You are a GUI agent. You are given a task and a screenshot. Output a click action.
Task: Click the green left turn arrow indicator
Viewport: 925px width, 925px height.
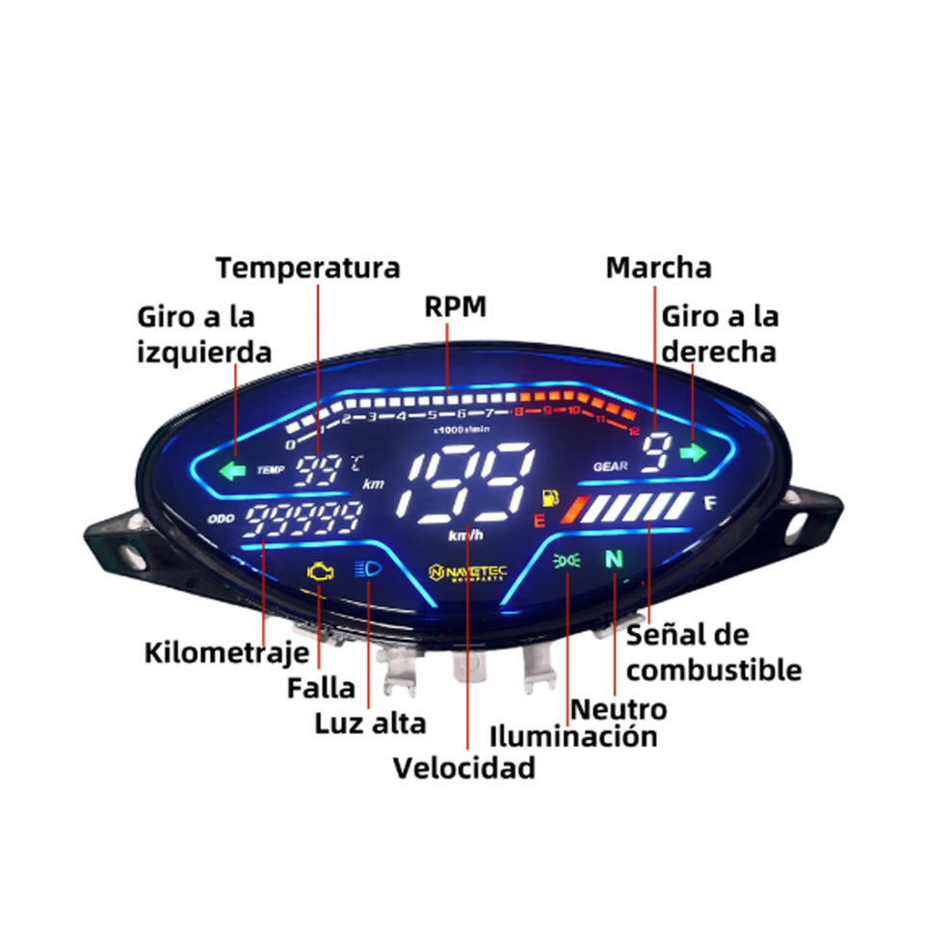pyautogui.click(x=233, y=471)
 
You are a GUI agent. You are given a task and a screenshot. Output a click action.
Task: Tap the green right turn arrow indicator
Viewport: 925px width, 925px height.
pyautogui.click(x=691, y=452)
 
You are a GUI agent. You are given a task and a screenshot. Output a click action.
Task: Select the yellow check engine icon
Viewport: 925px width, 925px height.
pyautogui.click(x=319, y=571)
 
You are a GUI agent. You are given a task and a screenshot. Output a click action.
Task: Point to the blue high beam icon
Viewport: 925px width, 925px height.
pyautogui.click(x=367, y=569)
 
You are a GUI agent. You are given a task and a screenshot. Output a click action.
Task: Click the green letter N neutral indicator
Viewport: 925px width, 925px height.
pyautogui.click(x=613, y=559)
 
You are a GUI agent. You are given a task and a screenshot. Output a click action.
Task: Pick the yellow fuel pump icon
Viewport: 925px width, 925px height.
pyautogui.click(x=551, y=497)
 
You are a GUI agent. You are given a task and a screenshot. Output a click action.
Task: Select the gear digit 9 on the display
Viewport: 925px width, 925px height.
pyautogui.click(x=655, y=452)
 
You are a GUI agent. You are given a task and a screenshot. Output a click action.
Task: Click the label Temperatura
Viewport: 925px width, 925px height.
pyautogui.click(x=307, y=267)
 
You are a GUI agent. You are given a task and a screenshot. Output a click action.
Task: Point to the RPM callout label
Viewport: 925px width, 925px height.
pyautogui.click(x=456, y=306)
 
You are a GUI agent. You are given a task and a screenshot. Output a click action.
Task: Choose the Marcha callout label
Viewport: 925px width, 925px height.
pyautogui.click(x=658, y=267)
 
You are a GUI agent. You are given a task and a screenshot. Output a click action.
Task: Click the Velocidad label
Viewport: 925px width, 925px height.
pyautogui.click(x=463, y=768)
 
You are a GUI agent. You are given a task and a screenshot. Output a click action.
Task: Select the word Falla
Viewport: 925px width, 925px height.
pyautogui.click(x=321, y=688)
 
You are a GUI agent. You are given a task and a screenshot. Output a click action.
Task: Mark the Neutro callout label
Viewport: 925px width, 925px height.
pyautogui.click(x=618, y=709)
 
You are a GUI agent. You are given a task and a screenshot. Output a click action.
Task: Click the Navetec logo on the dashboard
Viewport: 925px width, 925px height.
pyautogui.click(x=467, y=572)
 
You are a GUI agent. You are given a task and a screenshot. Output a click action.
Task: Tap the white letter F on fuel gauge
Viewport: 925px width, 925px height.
pyautogui.click(x=710, y=503)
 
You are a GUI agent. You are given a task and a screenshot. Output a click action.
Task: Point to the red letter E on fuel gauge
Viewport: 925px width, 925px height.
pyautogui.click(x=540, y=521)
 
